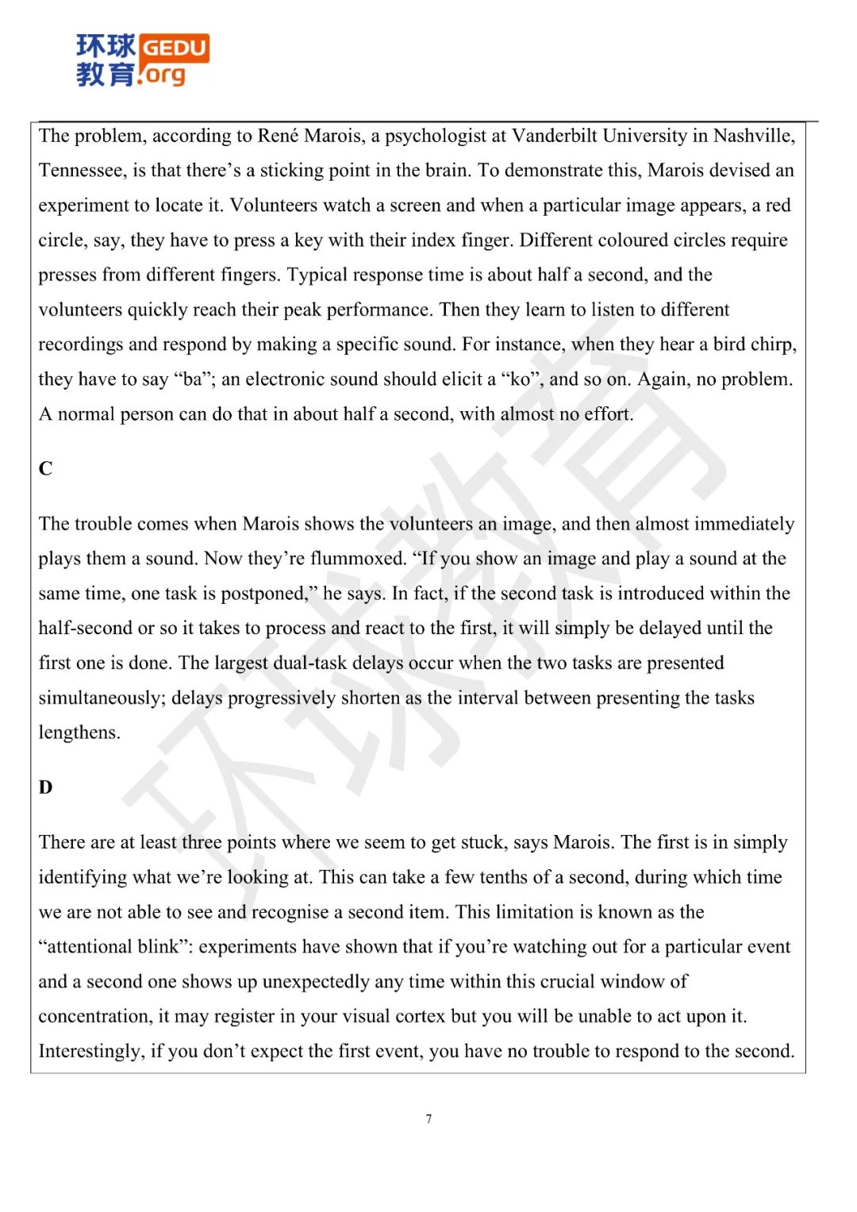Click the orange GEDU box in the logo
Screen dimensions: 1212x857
click(175, 48)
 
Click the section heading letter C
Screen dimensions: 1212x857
click(45, 468)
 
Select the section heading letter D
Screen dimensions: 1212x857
click(45, 787)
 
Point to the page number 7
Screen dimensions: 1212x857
click(428, 1119)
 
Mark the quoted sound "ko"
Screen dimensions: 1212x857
click(521, 379)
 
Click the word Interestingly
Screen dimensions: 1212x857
click(90, 1052)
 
